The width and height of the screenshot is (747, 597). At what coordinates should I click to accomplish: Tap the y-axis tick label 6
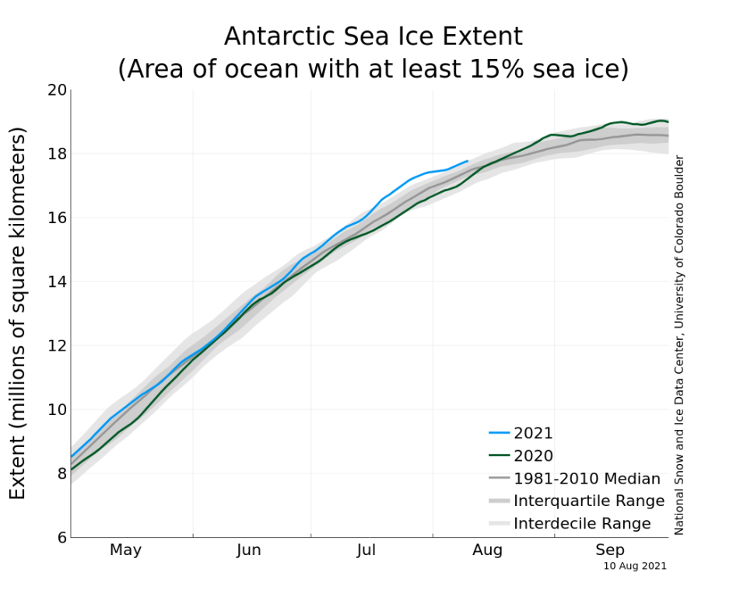(x=59, y=537)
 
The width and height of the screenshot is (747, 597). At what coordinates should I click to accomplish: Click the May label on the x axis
(x=125, y=550)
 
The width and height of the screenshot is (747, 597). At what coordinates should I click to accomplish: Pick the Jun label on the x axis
(x=248, y=550)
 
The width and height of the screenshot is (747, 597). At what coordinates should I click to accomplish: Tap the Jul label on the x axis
(x=366, y=550)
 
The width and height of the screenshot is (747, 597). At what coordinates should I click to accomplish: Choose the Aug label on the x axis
(x=487, y=550)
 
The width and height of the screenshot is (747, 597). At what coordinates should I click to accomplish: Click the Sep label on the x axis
(x=610, y=550)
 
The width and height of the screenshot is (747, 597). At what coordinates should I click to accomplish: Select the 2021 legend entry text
(x=533, y=434)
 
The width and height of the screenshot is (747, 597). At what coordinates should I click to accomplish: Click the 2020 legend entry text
(x=533, y=456)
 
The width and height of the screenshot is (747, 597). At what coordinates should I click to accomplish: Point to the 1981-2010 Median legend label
(x=587, y=479)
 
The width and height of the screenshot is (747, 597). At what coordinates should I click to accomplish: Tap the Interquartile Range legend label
(x=589, y=501)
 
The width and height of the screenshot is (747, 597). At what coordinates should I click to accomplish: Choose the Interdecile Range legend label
(x=582, y=524)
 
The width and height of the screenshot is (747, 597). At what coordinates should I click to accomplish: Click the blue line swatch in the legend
(x=499, y=434)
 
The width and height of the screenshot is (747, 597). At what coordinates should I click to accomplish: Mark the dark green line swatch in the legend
(x=499, y=456)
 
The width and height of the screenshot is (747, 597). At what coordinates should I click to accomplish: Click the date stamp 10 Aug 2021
(x=635, y=567)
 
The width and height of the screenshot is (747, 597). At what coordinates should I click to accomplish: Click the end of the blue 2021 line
(x=468, y=161)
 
